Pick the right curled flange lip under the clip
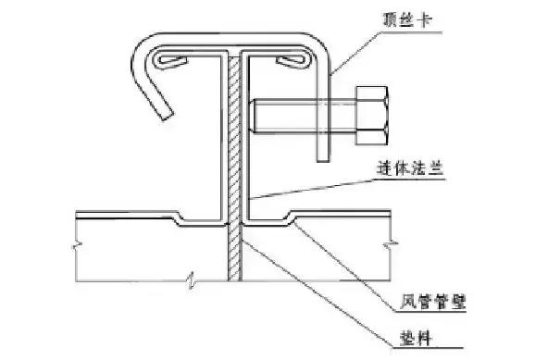292,62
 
